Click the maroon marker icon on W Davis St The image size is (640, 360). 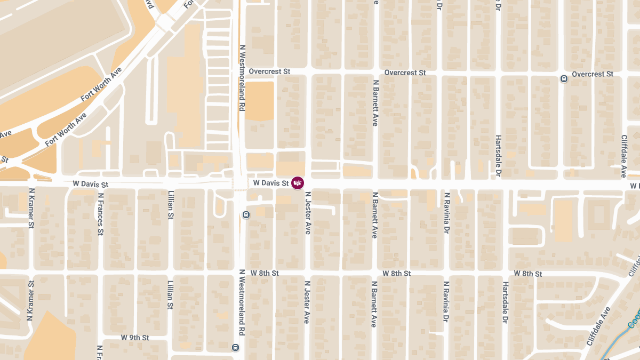pos(298,183)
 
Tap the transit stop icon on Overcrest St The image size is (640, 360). pos(564,79)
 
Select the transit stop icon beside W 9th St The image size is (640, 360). pos(235,347)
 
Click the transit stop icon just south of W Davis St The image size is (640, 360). pos(246,215)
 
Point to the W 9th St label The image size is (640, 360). pos(135,338)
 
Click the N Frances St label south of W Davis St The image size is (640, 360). pos(100,214)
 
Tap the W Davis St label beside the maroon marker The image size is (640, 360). pos(271,183)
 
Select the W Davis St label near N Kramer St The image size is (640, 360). pos(90,184)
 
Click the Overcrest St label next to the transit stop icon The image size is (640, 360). pos(593,74)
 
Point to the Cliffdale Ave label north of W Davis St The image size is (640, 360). pos(623,156)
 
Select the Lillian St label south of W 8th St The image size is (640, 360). pos(171,295)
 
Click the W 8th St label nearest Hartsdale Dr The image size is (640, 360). pos(528,274)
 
